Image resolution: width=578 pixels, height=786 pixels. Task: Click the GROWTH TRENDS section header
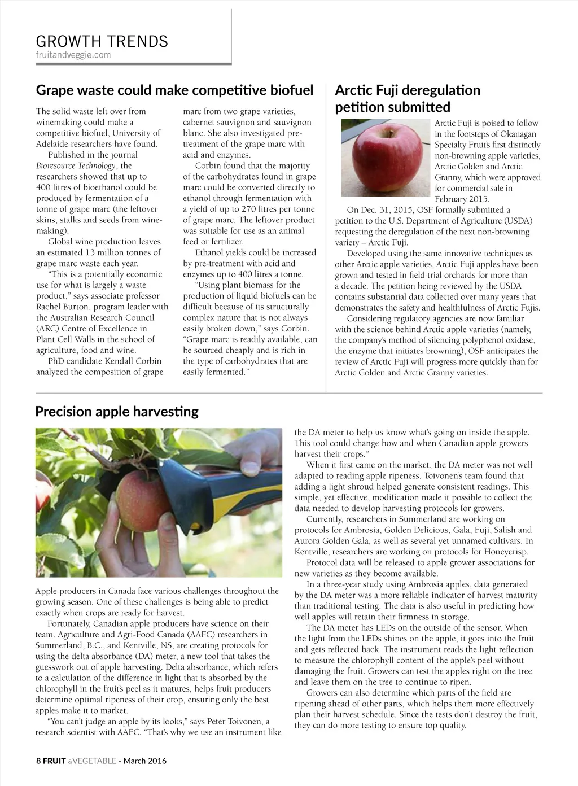tap(102, 41)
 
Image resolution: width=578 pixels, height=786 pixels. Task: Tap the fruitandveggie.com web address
tap(73, 55)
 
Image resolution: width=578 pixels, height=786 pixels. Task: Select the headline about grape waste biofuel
tap(174, 90)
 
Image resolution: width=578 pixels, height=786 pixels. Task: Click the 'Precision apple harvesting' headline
tap(117, 411)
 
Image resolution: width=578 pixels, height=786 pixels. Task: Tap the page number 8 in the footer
tap(38, 761)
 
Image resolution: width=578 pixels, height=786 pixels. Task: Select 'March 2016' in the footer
tap(145, 761)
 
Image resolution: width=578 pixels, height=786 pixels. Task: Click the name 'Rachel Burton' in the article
tap(62, 307)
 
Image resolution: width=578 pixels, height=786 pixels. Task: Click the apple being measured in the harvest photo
tap(143, 497)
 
